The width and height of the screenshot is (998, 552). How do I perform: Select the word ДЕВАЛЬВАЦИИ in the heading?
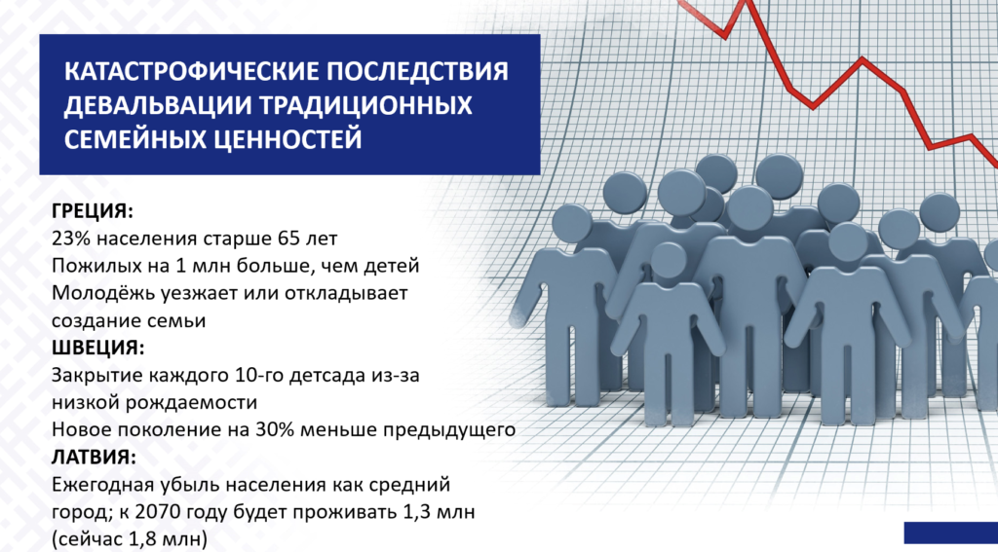tap(149, 105)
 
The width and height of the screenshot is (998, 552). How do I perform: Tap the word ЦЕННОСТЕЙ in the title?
tap(282, 139)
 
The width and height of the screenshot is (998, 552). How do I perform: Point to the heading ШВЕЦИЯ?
tap(98, 349)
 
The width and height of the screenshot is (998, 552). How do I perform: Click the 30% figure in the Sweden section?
tap(274, 430)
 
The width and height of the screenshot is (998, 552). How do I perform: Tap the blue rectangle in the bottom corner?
tap(951, 533)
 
